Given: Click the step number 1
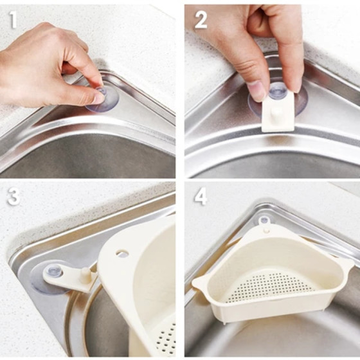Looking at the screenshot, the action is coord(13,20).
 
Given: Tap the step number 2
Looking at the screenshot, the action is coord(201,20).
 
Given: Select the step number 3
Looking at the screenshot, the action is coord(14,197).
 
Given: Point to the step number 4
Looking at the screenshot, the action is coord(201,197).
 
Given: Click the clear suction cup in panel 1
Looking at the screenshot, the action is coord(102,100).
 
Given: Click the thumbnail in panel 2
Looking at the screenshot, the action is coord(256,90).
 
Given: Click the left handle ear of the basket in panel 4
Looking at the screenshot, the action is coord(201,282).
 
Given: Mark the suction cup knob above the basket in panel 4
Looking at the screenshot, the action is coord(264,220).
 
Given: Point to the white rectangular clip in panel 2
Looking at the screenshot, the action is coord(278,112).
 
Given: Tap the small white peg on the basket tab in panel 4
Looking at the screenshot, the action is coord(266,230).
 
